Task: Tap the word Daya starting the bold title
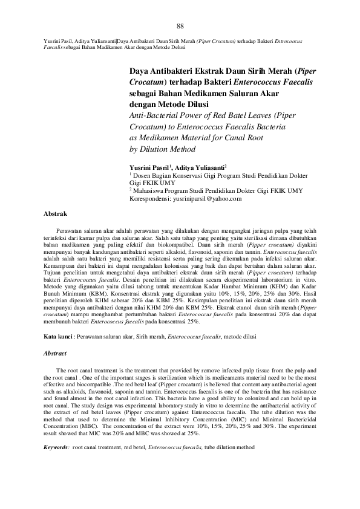[x=140, y=70]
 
